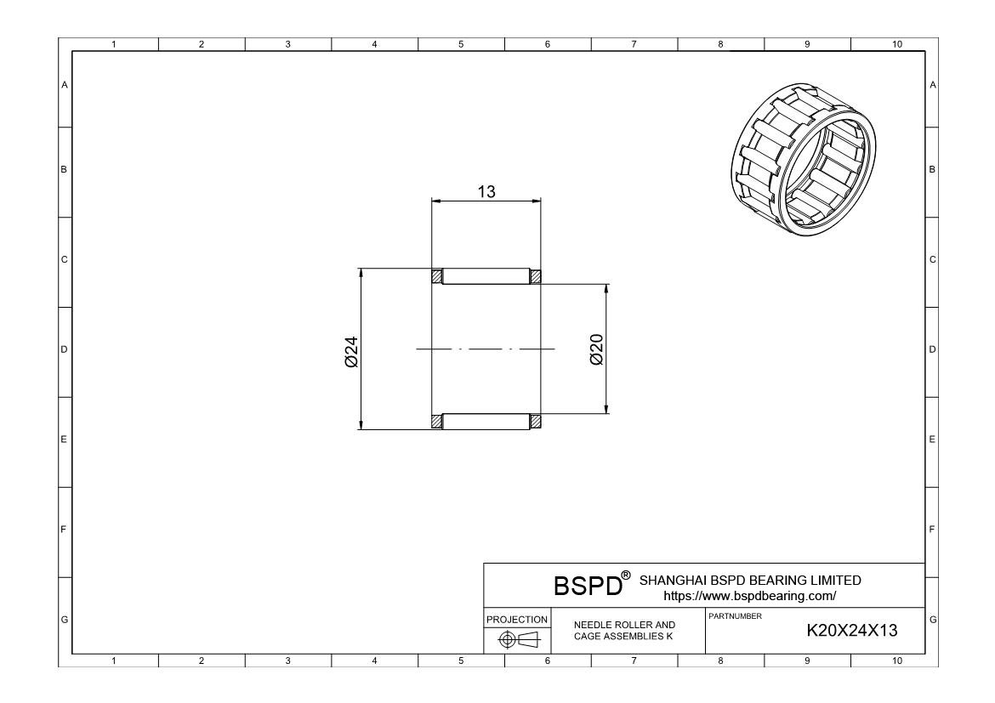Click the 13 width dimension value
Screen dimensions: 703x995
pos(486,191)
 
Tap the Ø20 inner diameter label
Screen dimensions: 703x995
pos(595,349)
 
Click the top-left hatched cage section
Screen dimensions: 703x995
pos(437,276)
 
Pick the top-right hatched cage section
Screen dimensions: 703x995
pos(536,276)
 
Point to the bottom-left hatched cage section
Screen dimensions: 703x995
pos(437,421)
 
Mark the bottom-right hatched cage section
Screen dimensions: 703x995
pos(536,421)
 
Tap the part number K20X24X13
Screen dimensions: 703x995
pos(851,631)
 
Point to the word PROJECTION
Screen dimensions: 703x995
pos(517,620)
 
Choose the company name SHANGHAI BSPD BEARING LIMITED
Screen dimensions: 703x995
pos(749,581)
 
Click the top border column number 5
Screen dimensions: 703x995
pos(461,44)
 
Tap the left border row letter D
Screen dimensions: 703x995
pos(65,349)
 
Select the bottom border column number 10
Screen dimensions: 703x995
pos(895,660)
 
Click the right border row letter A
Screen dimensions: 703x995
pos(933,85)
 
